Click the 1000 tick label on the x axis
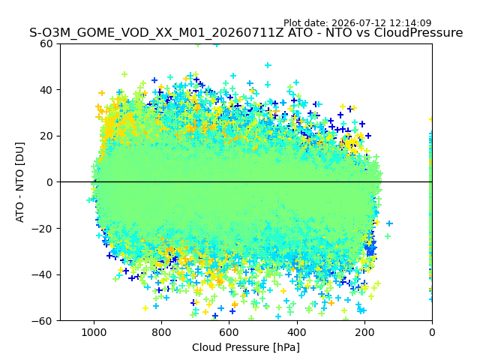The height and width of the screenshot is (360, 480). [x=94, y=332]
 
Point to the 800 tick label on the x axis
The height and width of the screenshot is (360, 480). [x=161, y=332]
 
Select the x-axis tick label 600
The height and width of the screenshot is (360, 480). [x=229, y=332]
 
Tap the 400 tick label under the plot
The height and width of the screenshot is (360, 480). [x=297, y=332]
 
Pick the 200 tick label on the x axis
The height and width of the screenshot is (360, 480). [x=364, y=332]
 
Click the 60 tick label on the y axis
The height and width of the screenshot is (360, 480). [x=46, y=43]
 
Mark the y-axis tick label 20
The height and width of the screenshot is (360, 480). [x=46, y=136]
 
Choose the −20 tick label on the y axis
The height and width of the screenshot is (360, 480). [x=43, y=228]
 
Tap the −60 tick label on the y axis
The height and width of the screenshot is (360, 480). [x=43, y=321]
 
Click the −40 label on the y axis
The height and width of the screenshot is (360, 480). [x=43, y=274]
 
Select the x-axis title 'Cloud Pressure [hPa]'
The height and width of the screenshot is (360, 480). [x=246, y=347]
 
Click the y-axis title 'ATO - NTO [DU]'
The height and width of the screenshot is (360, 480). [x=19, y=182]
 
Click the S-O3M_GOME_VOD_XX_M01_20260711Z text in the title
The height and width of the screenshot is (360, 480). [x=157, y=33]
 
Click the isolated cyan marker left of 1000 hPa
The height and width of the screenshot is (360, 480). [x=89, y=200]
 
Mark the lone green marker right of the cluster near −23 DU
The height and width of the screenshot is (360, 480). [x=388, y=236]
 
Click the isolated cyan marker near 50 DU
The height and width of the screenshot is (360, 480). [x=268, y=65]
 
